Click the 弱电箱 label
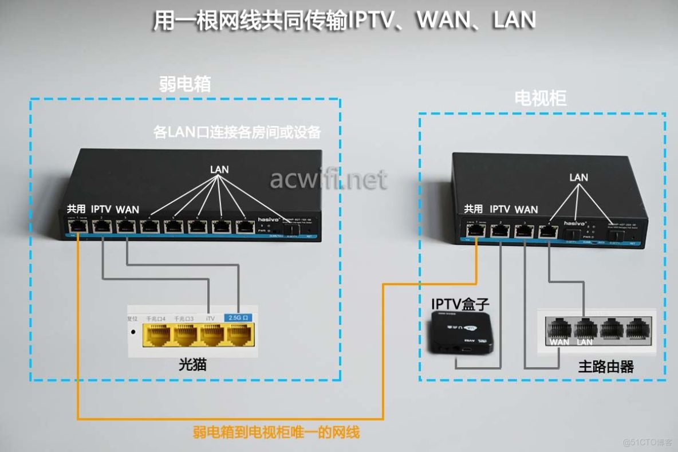pos(184,84)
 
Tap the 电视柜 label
pos(540,98)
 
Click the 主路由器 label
pos(605,367)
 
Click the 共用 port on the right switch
pos(475,231)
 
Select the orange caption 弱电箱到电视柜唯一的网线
pos(276,431)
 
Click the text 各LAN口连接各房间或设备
pos(237,132)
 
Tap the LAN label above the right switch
pos(578,178)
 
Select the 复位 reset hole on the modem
pos(133,331)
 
